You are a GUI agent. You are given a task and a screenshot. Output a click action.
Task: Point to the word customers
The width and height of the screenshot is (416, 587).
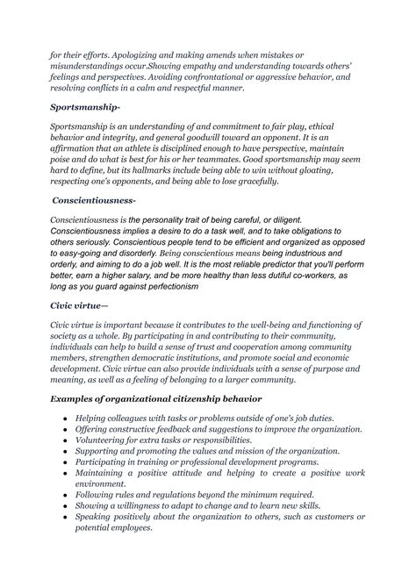point(330,516)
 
